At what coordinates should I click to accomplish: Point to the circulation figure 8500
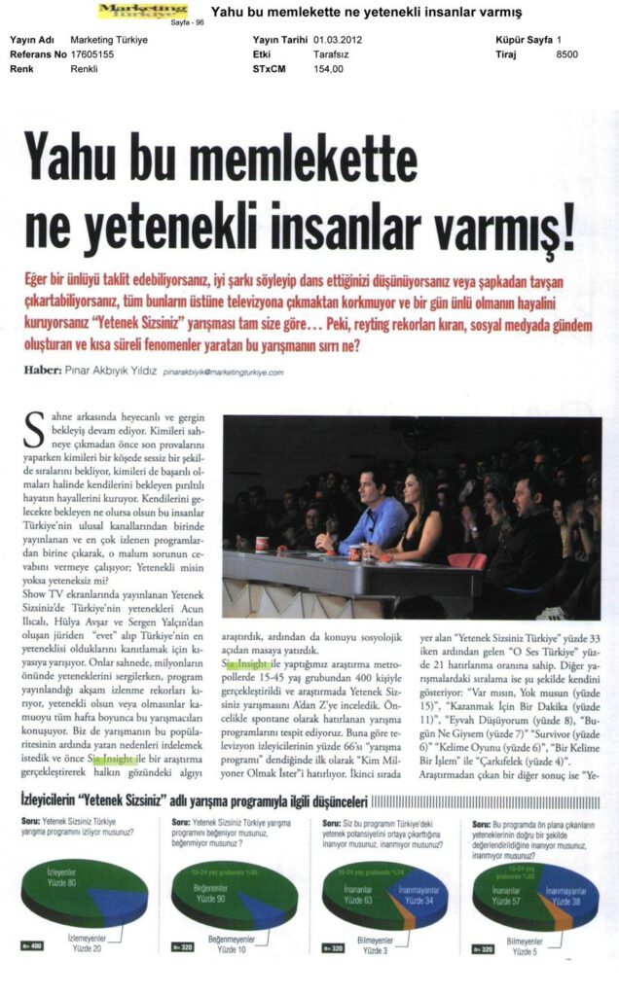(566, 54)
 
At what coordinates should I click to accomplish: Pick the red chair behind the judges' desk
(466, 561)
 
